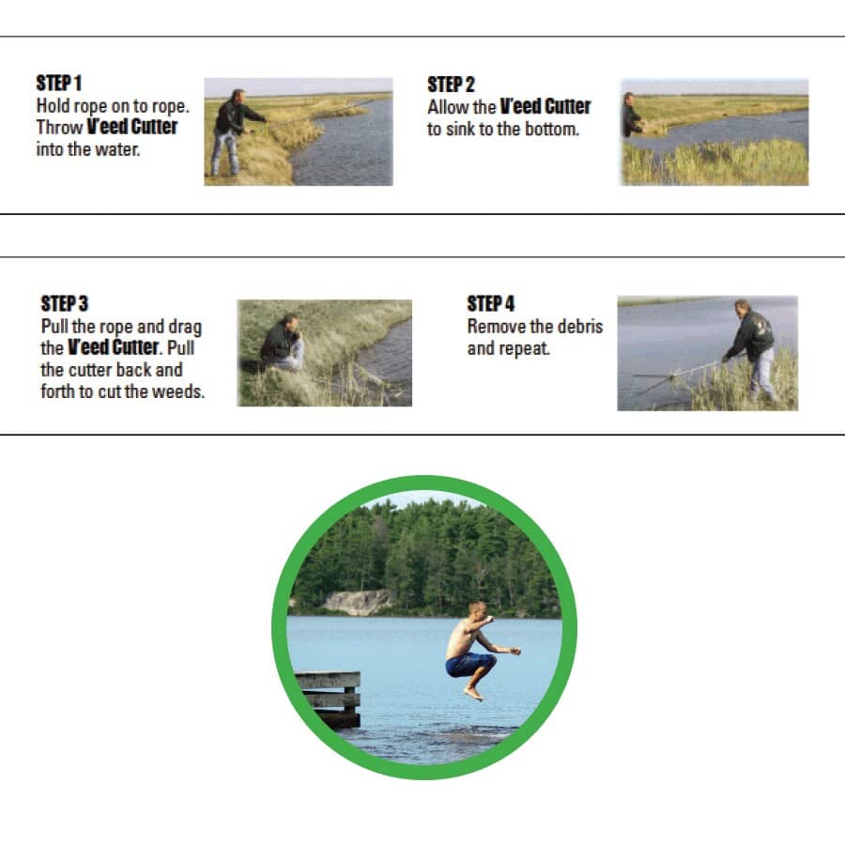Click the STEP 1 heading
click(x=59, y=83)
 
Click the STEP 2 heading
click(x=451, y=84)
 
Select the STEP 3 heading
click(x=64, y=303)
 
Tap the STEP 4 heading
click(x=490, y=303)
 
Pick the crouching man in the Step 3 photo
click(x=283, y=343)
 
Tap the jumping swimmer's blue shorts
click(x=470, y=664)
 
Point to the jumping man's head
click(x=478, y=610)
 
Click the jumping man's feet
click(x=474, y=693)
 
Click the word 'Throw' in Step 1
click(x=59, y=127)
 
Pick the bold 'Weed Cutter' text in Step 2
click(x=545, y=106)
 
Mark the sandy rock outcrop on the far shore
click(x=359, y=602)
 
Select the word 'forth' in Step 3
click(x=57, y=392)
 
